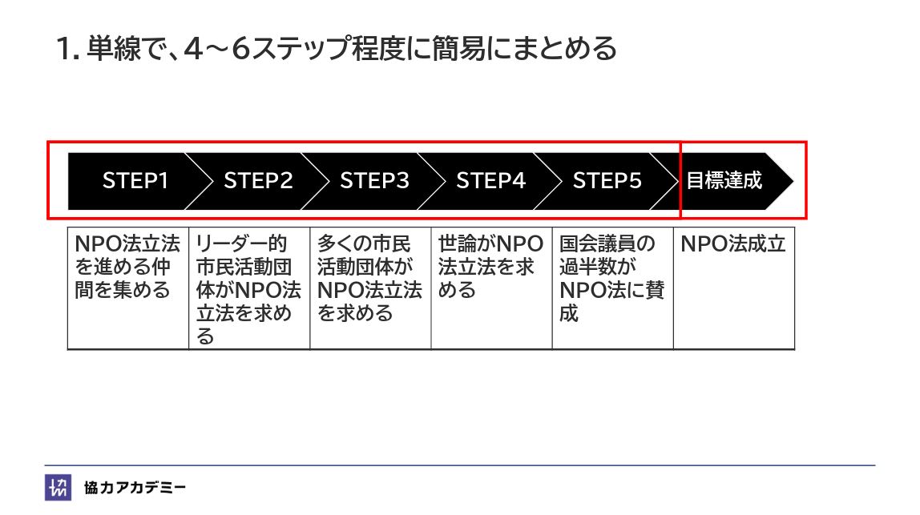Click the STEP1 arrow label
(135, 181)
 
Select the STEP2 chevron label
(258, 181)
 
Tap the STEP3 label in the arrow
(374, 181)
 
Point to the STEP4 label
(490, 181)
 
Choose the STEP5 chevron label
(607, 181)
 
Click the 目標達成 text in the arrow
(724, 181)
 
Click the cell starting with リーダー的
(249, 289)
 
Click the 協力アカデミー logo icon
(58, 488)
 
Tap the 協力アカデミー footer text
(135, 488)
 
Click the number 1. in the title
(68, 50)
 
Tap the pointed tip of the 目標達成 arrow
(791, 181)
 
